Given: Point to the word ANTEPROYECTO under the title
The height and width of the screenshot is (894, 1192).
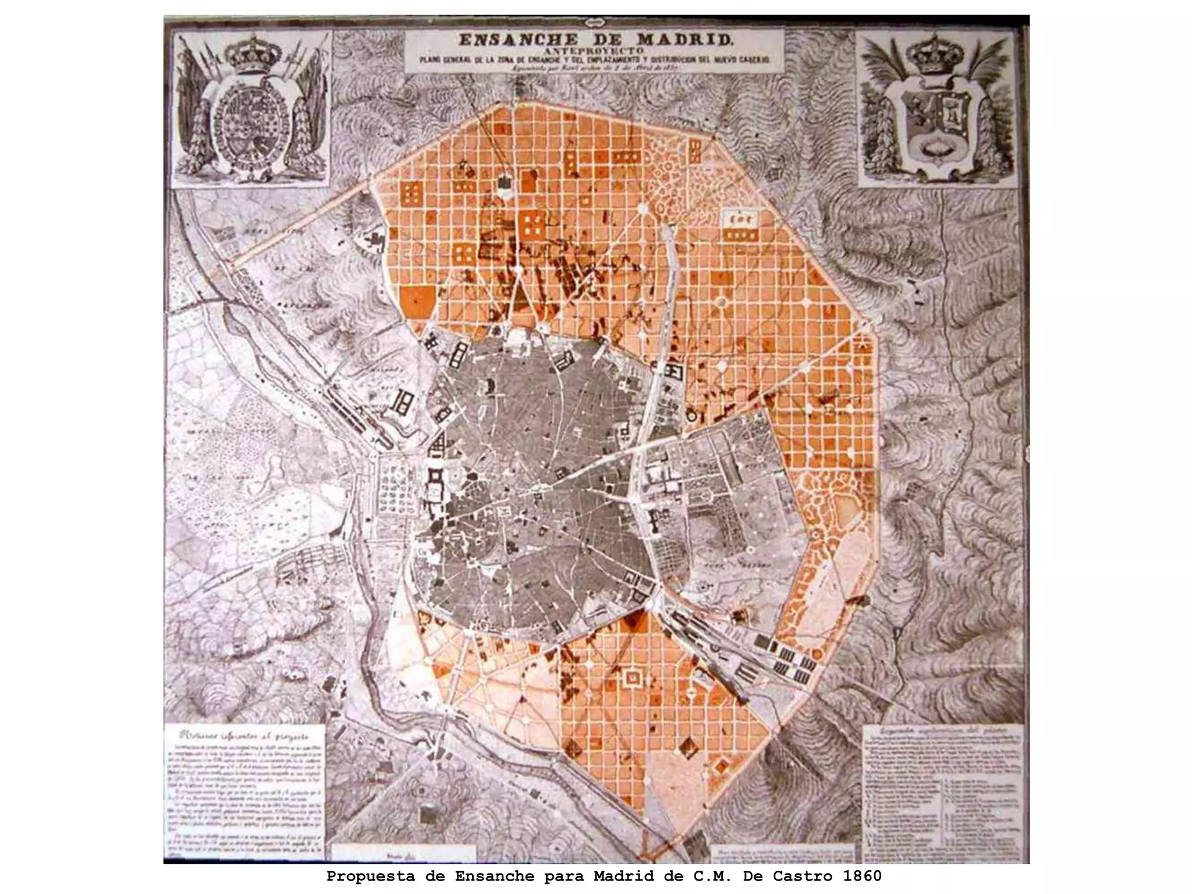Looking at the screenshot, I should pos(594,51).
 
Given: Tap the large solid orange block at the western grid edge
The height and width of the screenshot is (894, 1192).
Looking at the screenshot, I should pos(417,302).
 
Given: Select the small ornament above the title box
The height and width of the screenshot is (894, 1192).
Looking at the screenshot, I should pos(594,22).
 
